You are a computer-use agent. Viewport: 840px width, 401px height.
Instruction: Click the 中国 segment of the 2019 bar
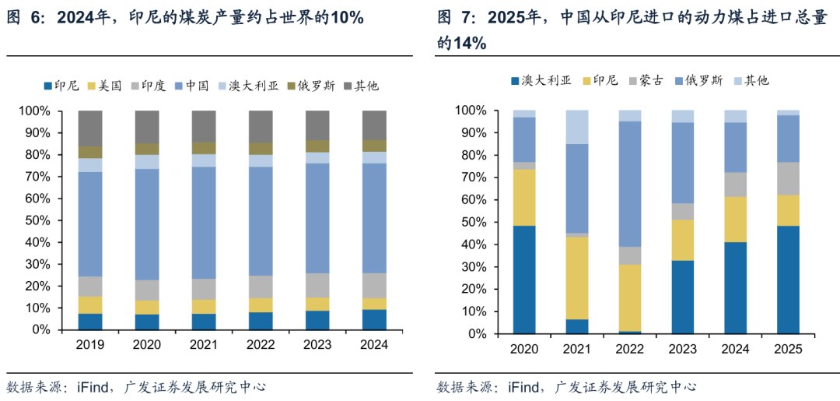coord(90,224)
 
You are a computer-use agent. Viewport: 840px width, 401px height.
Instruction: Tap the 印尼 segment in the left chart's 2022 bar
coord(261,321)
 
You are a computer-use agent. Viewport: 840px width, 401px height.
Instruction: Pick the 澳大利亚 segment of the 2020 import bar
coord(524,280)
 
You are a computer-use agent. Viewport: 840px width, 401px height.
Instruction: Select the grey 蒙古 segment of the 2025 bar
coord(789,178)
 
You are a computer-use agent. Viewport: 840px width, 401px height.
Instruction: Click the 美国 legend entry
coord(108,86)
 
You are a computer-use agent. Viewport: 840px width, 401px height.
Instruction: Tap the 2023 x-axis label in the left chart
coord(317,343)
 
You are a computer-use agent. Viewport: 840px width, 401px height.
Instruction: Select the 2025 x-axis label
coord(789,348)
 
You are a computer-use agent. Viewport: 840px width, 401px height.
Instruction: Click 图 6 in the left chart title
coord(26,18)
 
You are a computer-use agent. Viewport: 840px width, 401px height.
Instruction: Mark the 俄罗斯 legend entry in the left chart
coord(316,86)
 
